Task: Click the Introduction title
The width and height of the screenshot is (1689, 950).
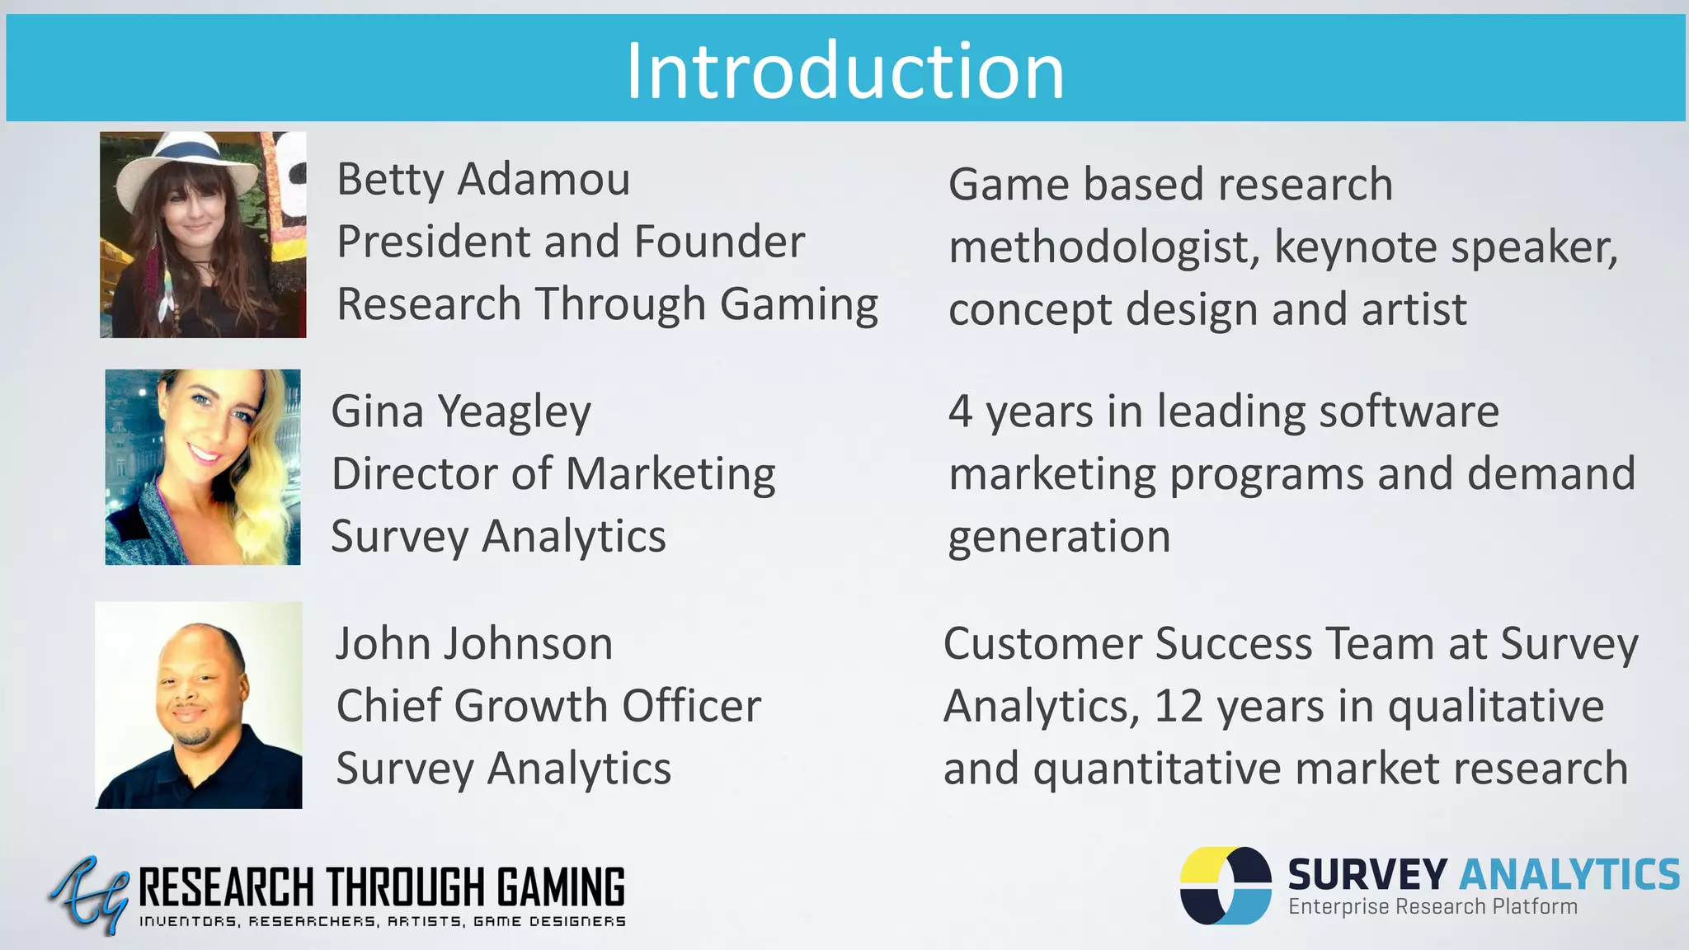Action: tap(844, 71)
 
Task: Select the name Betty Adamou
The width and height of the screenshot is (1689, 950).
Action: tap(483, 180)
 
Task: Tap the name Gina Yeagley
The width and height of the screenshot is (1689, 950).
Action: tap(461, 412)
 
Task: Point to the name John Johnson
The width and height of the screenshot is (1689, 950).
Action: tap(474, 643)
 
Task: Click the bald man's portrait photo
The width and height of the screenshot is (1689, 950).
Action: tap(199, 705)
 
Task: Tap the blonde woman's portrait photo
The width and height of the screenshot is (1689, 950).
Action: tap(203, 467)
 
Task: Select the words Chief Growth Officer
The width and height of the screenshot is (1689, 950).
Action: tap(548, 706)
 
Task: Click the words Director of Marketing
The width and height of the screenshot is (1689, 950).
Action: tap(553, 474)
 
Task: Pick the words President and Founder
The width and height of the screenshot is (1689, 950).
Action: tap(571, 242)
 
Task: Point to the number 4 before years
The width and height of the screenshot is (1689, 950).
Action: tap(960, 412)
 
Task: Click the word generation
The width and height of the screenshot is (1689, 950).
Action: tap(1059, 538)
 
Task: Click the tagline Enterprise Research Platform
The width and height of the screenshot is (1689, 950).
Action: tap(1433, 907)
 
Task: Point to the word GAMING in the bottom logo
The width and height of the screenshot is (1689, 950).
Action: tap(561, 887)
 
